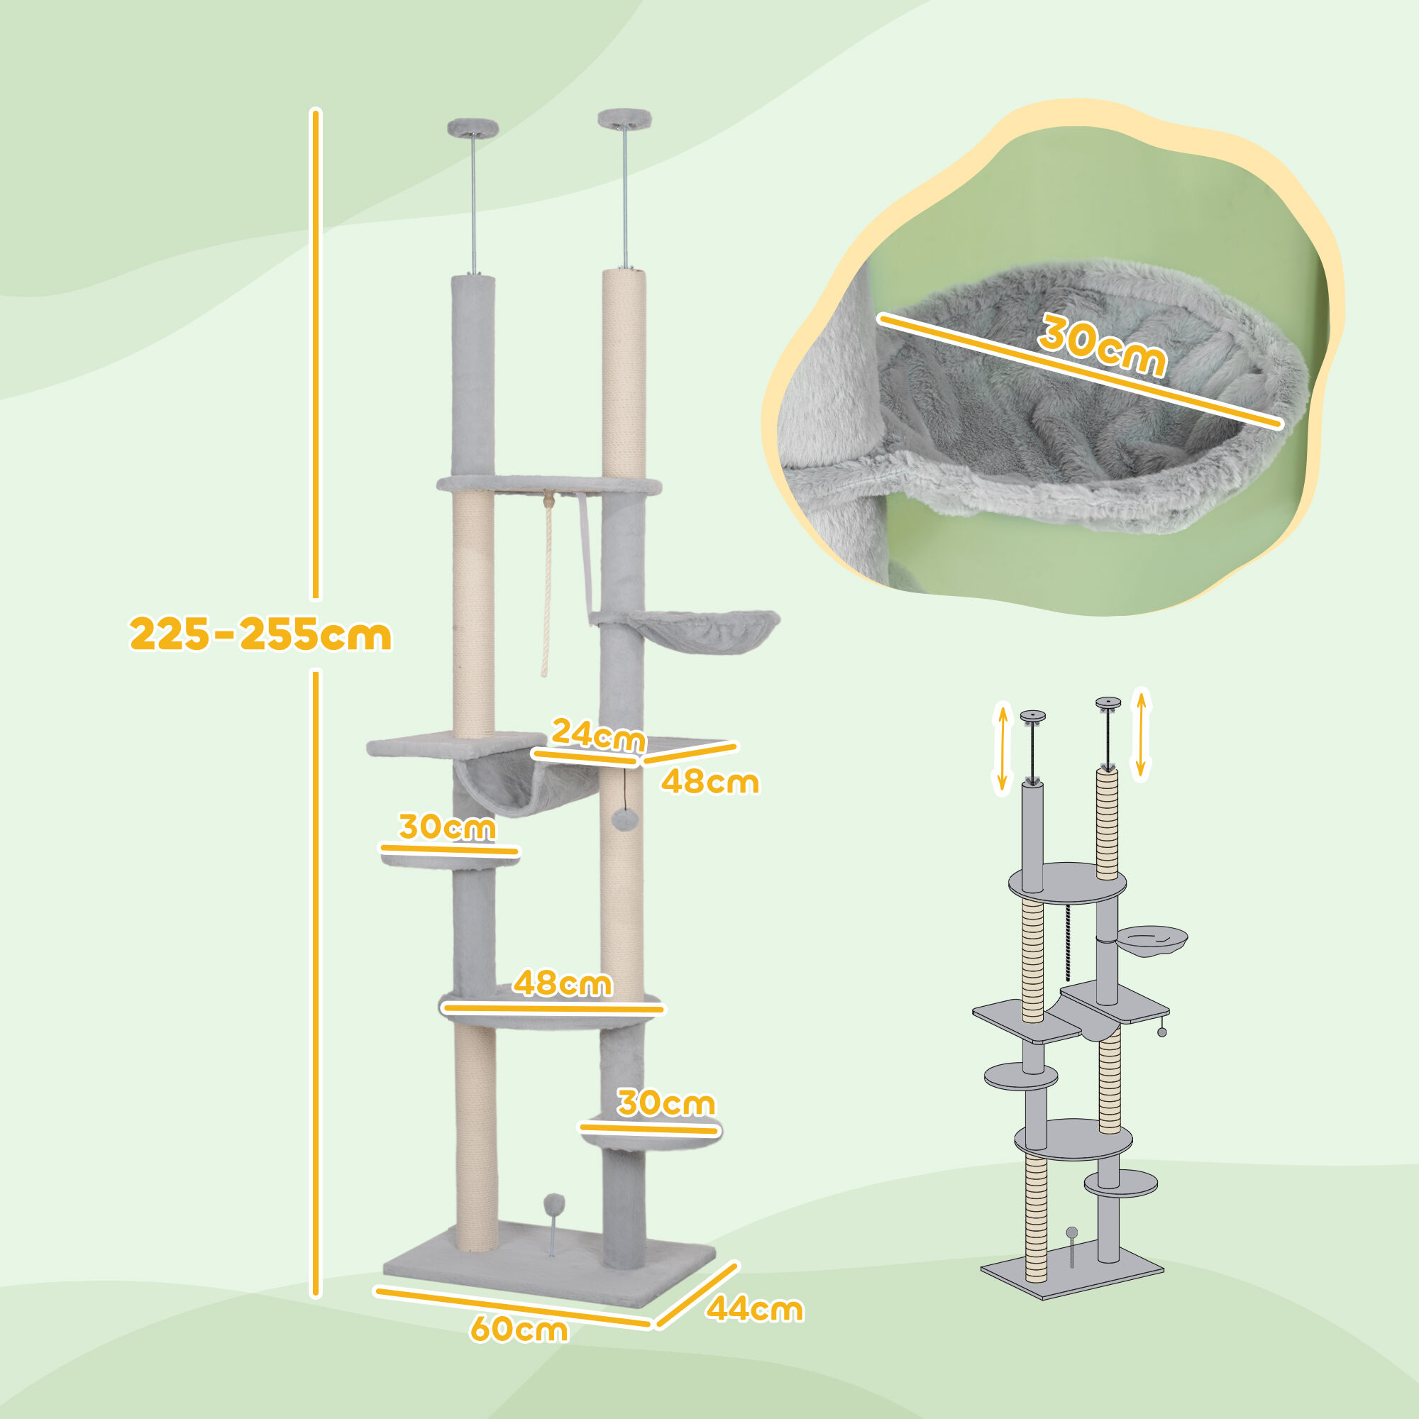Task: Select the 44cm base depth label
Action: (x=754, y=1310)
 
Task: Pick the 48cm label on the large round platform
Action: (x=562, y=983)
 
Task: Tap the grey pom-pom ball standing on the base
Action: (x=552, y=1206)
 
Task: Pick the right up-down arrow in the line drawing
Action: (x=1140, y=733)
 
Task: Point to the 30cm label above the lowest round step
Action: (x=666, y=1103)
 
